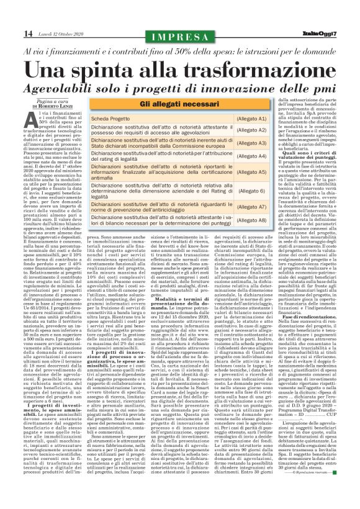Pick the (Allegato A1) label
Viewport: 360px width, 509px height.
click(x=253, y=118)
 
